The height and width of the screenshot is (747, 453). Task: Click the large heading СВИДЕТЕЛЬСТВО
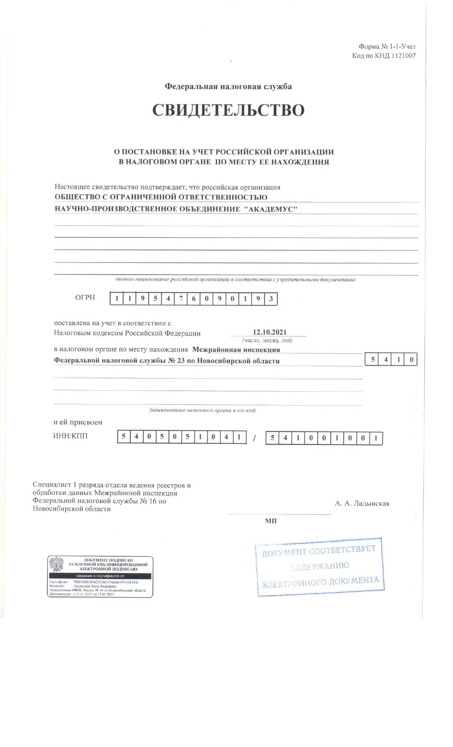point(228,111)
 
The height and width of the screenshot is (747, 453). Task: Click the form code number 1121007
point(403,55)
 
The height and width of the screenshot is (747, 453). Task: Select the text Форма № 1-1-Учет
point(387,47)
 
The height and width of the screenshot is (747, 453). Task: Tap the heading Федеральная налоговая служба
point(228,86)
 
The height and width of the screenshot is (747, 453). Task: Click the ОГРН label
point(85,297)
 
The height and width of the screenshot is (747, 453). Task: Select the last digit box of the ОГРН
point(271,299)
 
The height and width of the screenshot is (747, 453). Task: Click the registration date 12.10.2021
point(269,332)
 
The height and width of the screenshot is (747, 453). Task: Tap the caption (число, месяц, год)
point(267,340)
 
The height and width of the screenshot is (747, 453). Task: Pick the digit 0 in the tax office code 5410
point(411,360)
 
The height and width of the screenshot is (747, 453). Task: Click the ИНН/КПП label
point(70,436)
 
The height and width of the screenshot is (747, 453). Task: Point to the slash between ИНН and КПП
point(254,439)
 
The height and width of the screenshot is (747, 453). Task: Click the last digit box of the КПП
point(376,438)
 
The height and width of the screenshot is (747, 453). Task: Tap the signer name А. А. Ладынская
point(362,503)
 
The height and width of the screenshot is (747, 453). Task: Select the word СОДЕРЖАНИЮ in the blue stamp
point(319,566)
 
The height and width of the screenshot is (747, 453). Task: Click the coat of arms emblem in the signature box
point(56,564)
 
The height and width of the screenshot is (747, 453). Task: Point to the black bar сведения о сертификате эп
point(100,576)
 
